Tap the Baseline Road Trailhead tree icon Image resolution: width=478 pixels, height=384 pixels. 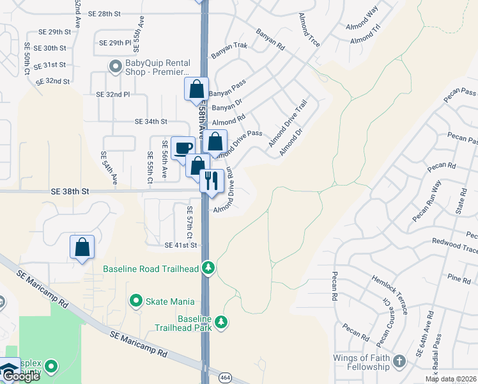click(208, 268)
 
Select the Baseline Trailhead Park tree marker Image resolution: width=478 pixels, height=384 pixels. click(221, 321)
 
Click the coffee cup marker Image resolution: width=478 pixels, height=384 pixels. click(183, 148)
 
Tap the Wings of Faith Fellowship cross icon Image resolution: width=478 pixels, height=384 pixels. click(399, 361)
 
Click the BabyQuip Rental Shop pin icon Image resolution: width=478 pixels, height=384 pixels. click(116, 65)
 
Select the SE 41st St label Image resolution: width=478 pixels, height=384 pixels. click(181, 245)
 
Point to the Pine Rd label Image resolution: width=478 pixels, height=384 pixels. click(459, 278)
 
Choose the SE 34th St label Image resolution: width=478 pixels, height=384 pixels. click(151, 121)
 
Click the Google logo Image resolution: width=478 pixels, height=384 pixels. click(21, 377)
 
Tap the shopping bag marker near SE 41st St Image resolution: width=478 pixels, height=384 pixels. click(82, 248)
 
